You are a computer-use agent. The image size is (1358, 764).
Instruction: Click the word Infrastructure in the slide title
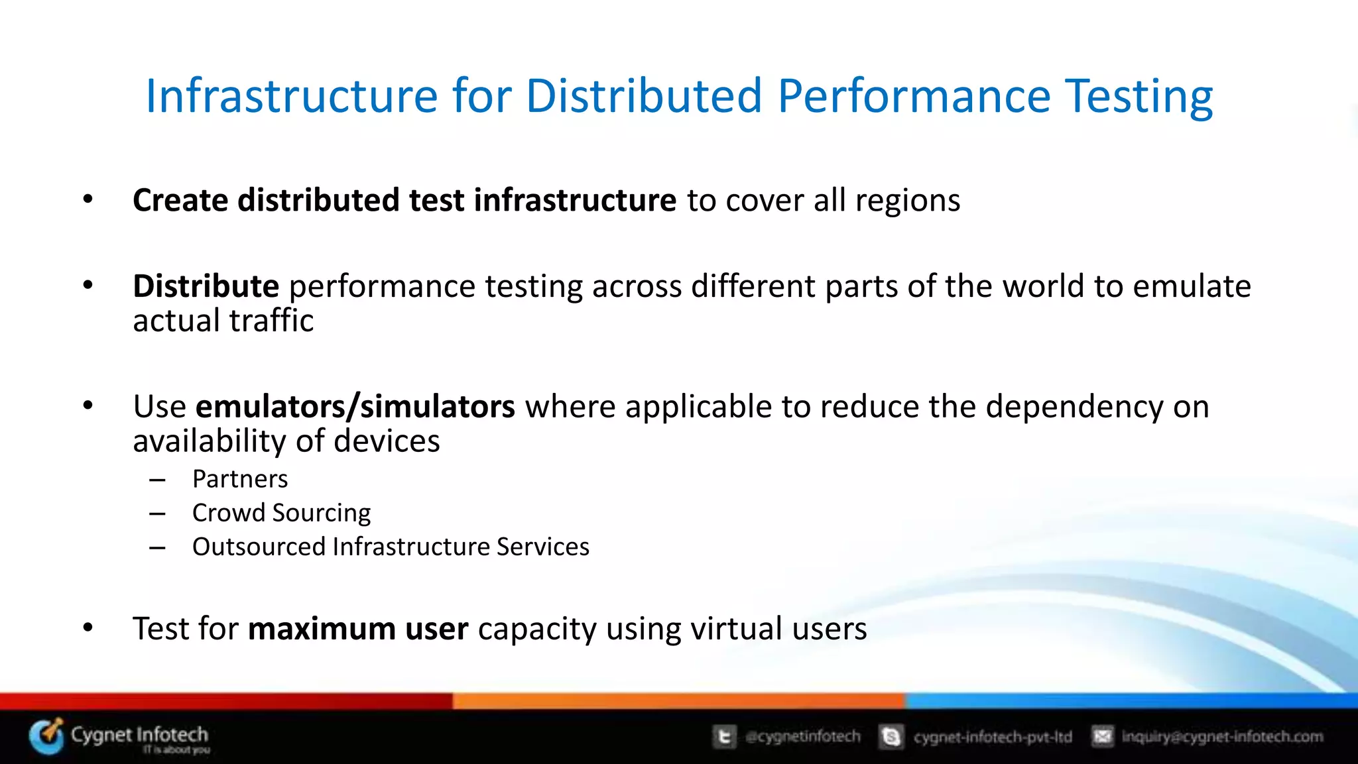coord(292,97)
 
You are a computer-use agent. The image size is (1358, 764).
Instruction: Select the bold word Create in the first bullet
coord(180,200)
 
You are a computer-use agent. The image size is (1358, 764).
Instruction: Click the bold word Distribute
coord(206,287)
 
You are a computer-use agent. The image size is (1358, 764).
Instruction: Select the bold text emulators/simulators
coord(355,407)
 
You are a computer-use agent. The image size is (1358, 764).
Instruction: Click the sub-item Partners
coord(240,479)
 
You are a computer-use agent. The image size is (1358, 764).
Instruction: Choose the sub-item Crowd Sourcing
coord(281,513)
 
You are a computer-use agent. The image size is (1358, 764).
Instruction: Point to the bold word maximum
coord(322,629)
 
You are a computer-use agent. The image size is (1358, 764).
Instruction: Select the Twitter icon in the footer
coord(724,737)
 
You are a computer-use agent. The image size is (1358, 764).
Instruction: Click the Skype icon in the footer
coord(891,737)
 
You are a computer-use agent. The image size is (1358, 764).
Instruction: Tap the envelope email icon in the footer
coord(1102,736)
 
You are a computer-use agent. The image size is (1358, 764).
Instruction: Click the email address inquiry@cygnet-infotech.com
coord(1222,737)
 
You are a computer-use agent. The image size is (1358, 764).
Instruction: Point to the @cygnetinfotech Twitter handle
coord(802,737)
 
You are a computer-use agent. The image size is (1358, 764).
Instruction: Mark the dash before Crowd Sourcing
coord(157,514)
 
